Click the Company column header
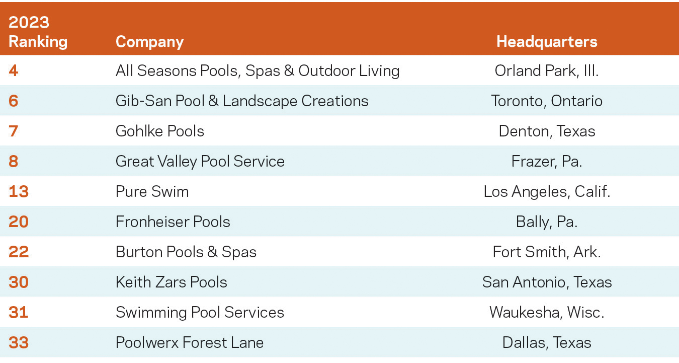149,41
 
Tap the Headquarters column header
547,41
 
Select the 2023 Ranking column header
38,32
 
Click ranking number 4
14,70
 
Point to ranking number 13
19,191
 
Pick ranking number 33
19,342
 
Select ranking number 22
19,252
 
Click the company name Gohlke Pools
160,131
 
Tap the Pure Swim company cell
152,191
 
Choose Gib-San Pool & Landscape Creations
242,101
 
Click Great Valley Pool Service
200,161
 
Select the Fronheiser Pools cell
173,222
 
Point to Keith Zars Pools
172,282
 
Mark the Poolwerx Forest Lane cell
190,342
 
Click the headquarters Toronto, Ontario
547,101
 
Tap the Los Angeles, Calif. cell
547,191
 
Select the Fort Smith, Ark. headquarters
547,252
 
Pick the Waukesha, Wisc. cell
547,312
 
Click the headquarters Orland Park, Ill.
547,70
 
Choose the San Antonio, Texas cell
547,282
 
